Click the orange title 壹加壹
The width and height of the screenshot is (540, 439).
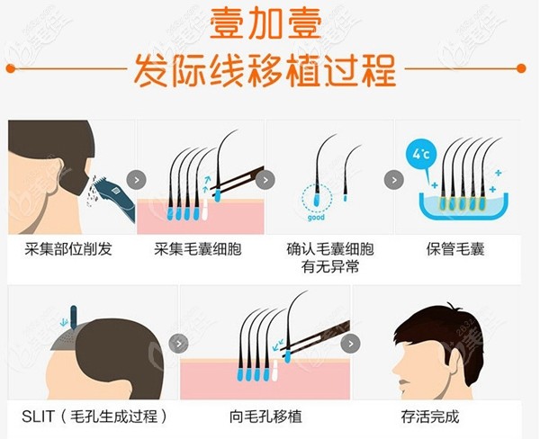pyautogui.click(x=269, y=24)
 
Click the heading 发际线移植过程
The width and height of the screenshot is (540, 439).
pyautogui.click(x=269, y=69)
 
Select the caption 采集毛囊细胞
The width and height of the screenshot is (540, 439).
pyautogui.click(x=198, y=249)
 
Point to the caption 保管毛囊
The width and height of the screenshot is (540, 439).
pyautogui.click(x=455, y=249)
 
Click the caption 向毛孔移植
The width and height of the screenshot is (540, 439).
pyautogui.click(x=265, y=417)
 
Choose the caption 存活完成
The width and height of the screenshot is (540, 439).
pyautogui.click(x=429, y=417)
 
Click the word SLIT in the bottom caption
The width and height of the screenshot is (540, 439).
pyautogui.click(x=38, y=417)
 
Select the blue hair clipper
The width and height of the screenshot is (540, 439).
pyautogui.click(x=115, y=194)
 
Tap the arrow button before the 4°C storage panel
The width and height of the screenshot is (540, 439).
pyautogui.click(x=393, y=179)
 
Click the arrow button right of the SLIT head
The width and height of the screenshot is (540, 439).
pyautogui.click(x=179, y=343)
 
